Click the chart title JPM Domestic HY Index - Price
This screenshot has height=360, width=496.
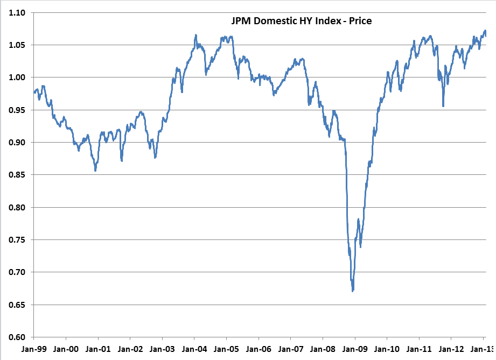(x=298, y=21)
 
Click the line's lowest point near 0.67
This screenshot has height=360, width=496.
(x=353, y=291)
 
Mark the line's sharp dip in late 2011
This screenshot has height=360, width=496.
(x=443, y=105)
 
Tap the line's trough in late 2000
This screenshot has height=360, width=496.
(x=95, y=170)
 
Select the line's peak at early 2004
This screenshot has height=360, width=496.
(x=195, y=35)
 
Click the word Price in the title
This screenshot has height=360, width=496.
(x=360, y=21)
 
